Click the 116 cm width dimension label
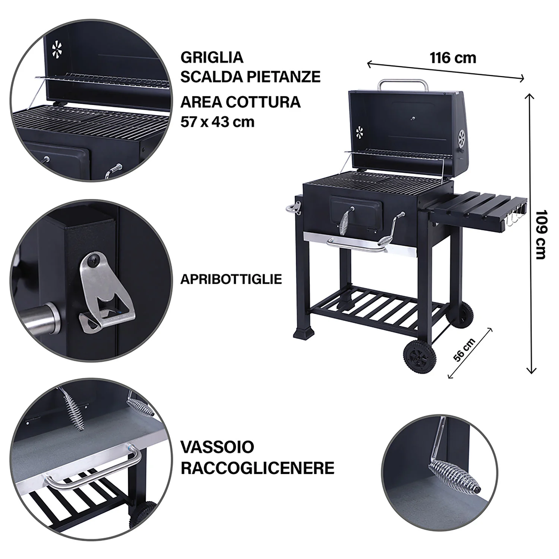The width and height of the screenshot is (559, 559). pyautogui.click(x=453, y=58)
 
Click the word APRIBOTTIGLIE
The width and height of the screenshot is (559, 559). pyautogui.click(x=231, y=279)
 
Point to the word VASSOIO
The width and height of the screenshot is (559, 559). pyautogui.click(x=217, y=447)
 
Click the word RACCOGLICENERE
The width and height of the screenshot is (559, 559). pyautogui.click(x=258, y=468)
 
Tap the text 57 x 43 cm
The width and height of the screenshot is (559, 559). pyautogui.click(x=218, y=122)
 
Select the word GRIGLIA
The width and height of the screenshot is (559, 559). pyautogui.click(x=212, y=58)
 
